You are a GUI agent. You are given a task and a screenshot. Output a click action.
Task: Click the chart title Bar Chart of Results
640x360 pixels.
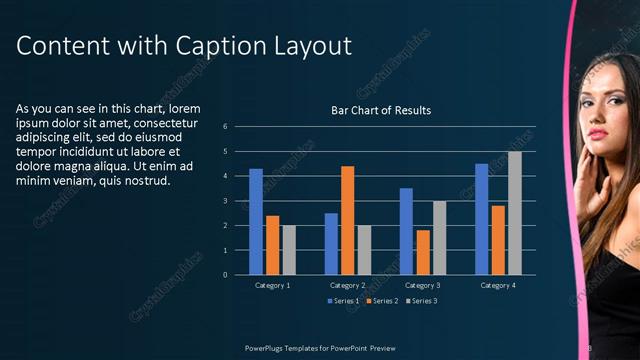[381, 111]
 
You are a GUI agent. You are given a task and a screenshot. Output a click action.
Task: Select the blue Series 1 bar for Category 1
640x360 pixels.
[256, 221]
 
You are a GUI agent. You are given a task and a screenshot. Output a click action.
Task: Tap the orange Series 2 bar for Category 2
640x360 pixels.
[347, 220]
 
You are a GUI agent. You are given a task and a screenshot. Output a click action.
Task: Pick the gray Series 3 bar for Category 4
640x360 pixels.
[514, 213]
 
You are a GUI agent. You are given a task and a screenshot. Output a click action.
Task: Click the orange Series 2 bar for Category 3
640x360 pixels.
[423, 252]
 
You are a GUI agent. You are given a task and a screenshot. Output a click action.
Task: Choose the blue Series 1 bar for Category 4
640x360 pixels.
[481, 219]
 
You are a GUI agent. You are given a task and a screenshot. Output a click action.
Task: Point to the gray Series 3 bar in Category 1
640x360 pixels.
[289, 250]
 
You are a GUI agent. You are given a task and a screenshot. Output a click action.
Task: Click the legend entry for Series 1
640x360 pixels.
[344, 300]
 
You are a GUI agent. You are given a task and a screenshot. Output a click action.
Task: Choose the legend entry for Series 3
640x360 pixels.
[422, 300]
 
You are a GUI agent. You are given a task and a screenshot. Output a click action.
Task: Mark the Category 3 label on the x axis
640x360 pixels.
[423, 285]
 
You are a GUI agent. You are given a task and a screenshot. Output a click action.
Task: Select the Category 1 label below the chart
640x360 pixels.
[273, 285]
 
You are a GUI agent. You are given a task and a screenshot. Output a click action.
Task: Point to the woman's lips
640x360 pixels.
[597, 132]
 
